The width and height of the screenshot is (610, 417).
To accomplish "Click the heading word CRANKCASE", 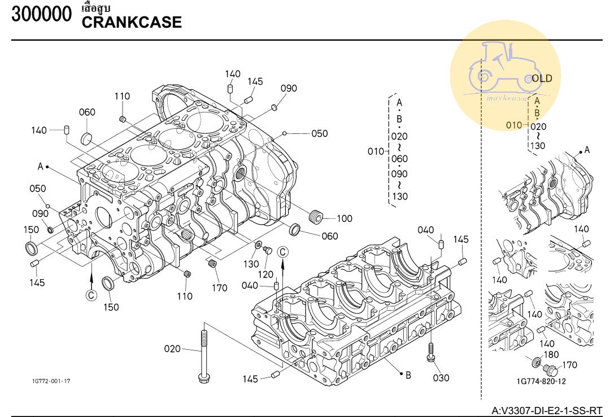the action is point(132,22).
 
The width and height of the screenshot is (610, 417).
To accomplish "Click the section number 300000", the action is point(42,14).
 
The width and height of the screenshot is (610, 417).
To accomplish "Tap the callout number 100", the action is point(345,219).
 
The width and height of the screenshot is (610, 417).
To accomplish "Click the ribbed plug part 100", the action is point(316,216).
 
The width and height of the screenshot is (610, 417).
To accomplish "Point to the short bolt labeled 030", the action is point(430,352).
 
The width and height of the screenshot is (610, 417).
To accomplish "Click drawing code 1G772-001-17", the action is point(51,381).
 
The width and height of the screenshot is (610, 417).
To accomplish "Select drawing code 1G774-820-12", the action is point(541,381).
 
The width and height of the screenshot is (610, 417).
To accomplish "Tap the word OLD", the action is point(542,79).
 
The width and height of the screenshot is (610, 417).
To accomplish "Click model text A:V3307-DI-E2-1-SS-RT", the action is point(547,411).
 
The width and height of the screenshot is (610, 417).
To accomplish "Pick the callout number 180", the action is point(551,355).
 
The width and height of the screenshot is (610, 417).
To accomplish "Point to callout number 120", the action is point(265,275).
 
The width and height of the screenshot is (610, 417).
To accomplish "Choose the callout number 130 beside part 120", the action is point(251,264).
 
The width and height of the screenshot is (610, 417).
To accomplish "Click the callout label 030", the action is point(441,377).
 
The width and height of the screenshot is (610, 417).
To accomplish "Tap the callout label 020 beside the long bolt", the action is point(172,349).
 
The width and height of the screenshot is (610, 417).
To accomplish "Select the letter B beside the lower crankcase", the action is point(408,375).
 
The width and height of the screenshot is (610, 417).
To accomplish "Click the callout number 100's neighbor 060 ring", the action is point(295,229).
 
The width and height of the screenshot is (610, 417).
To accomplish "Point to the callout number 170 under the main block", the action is point(219,288).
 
